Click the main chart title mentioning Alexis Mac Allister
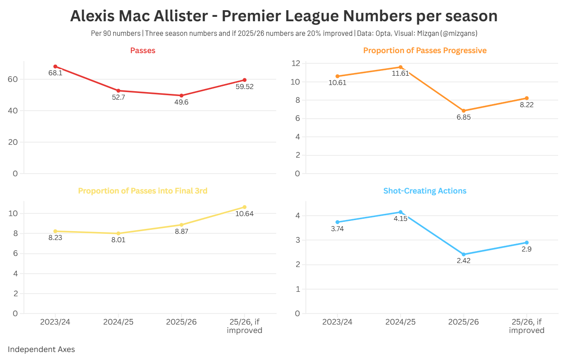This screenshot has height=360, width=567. coord(284,16)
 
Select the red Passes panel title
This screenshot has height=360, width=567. coord(143,50)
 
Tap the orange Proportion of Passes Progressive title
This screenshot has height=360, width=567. coord(424,50)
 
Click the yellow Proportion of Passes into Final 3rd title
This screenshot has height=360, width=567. coord(143,191)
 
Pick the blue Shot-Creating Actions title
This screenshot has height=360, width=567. coord(424,191)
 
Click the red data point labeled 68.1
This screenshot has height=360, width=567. coord(55,66)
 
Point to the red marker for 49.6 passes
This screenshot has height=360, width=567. coord(181,96)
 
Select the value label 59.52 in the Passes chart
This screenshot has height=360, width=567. coord(244,87)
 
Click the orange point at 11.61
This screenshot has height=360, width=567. coord(401,67)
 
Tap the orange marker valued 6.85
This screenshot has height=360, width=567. coord(464,111)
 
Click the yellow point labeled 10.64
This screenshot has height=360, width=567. coord(244,207)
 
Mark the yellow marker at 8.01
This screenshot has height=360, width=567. coord(118,233)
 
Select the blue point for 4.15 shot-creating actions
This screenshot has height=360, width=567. coord(401,212)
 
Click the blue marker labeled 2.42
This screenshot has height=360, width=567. coord(464,255)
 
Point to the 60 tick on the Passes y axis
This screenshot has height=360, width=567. coord(12,79)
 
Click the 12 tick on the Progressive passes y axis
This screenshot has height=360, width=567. coord(295,63)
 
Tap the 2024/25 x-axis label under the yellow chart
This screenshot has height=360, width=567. coord(118,322)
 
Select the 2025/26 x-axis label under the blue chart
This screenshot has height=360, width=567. coord(463,322)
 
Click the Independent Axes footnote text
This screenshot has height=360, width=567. coord(41,349)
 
